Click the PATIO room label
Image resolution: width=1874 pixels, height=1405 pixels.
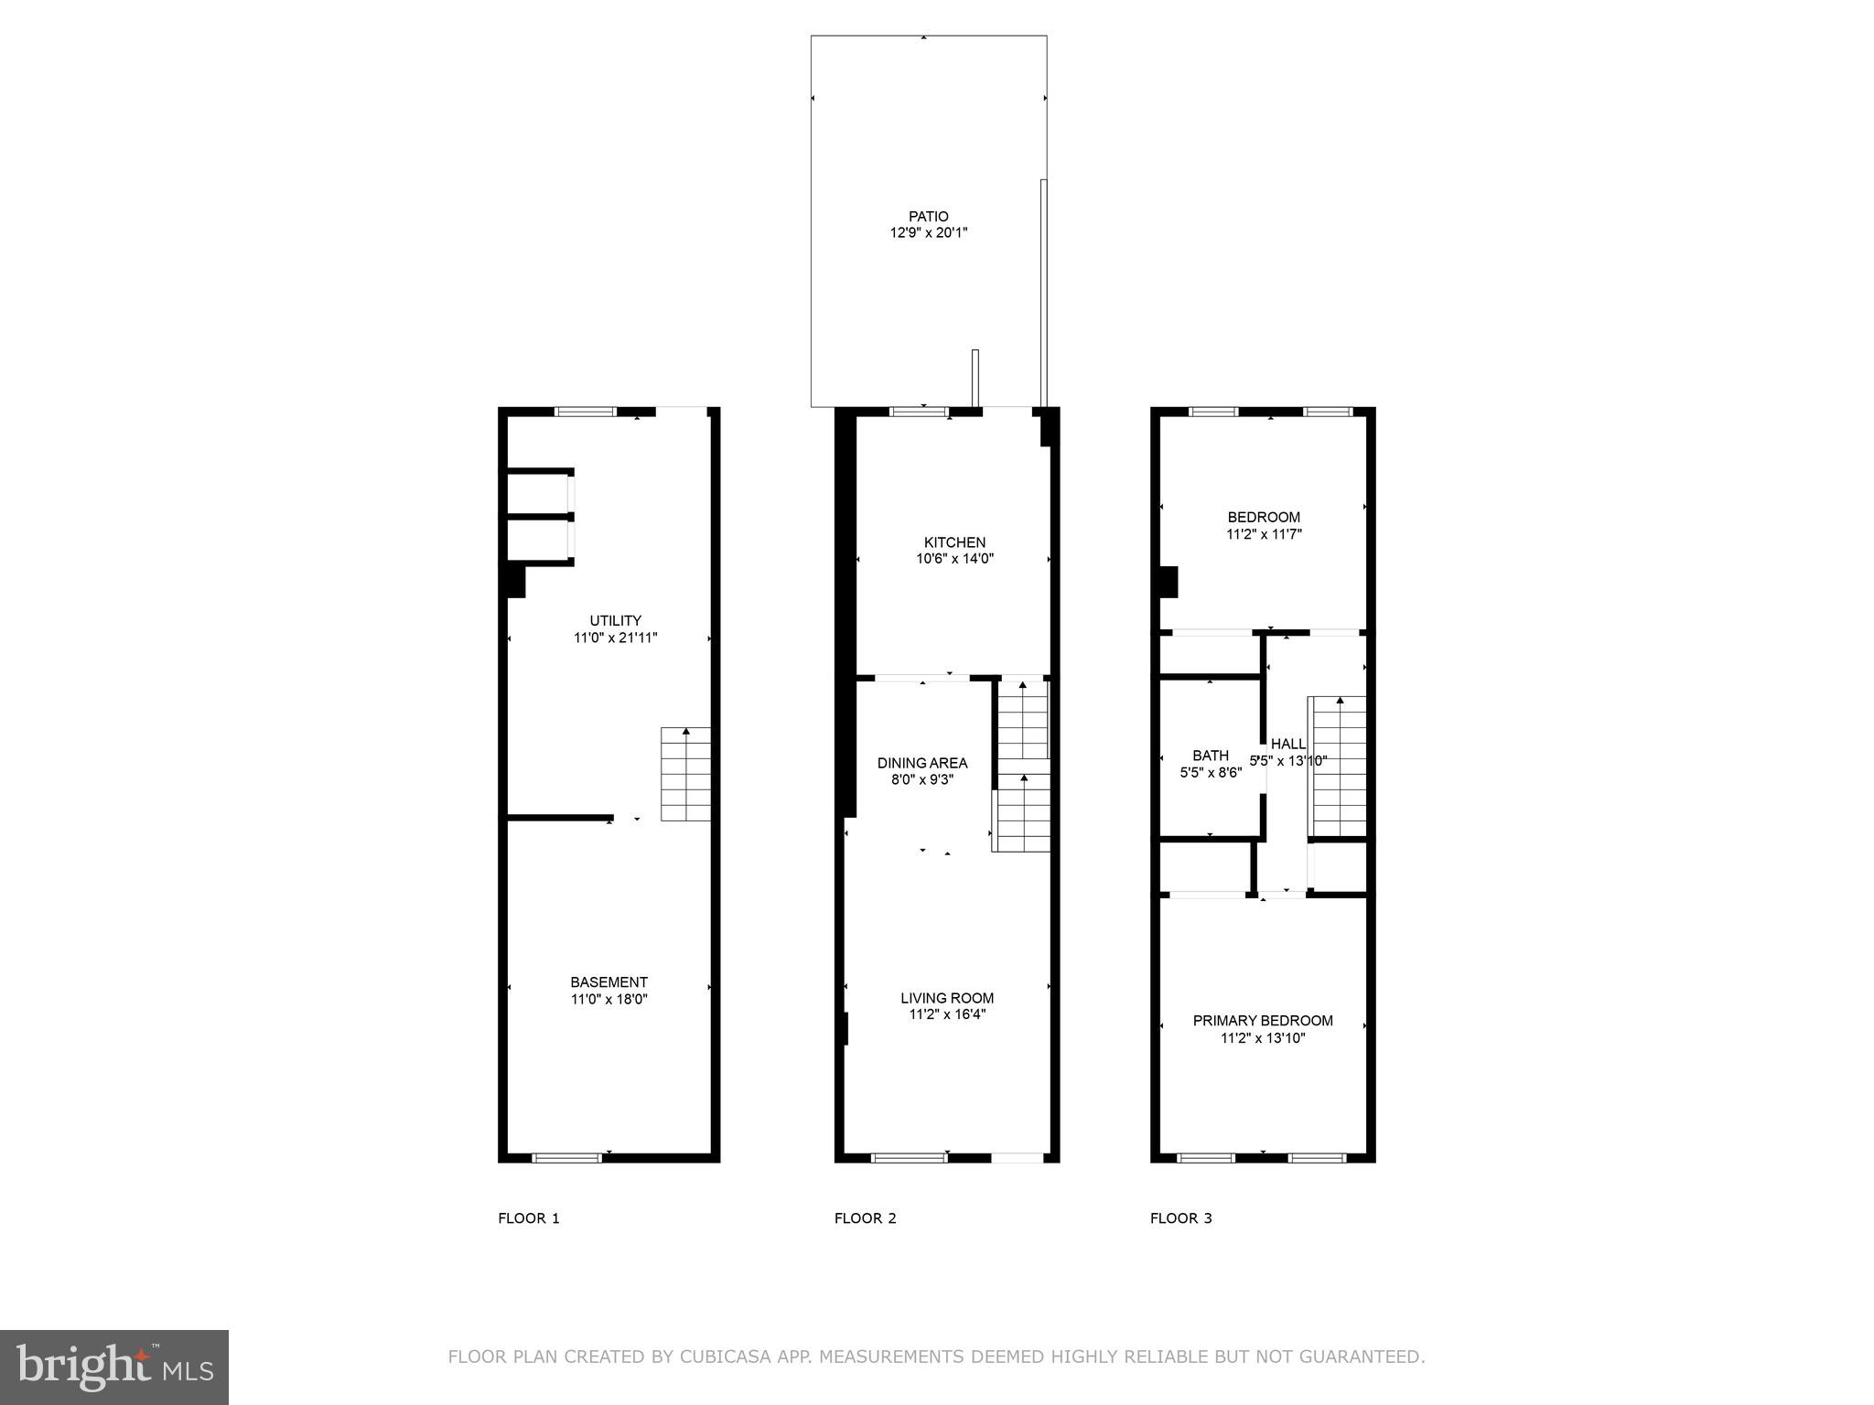(x=928, y=217)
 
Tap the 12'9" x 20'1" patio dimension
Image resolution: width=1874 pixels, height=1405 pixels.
(x=928, y=233)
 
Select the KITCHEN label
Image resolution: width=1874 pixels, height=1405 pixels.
(x=954, y=542)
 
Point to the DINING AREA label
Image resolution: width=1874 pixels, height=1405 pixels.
(x=921, y=763)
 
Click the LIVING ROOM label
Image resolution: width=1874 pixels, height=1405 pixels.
(x=946, y=998)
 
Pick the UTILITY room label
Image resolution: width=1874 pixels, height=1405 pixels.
(x=615, y=620)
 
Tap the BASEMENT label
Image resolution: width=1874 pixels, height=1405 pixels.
(x=609, y=982)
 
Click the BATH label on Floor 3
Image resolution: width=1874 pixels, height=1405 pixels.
(x=1210, y=756)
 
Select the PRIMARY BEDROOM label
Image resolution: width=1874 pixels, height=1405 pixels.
(x=1262, y=1021)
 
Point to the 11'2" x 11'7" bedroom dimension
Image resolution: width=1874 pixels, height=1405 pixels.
(x=1263, y=534)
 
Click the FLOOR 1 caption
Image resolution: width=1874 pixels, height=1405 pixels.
(x=528, y=1218)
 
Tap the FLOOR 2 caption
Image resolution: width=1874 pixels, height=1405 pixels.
(x=865, y=1218)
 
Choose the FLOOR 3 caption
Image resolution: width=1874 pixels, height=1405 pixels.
(x=1180, y=1218)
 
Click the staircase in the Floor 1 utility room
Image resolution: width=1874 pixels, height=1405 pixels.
(x=685, y=774)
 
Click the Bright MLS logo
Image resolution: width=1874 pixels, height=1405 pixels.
(x=113, y=1367)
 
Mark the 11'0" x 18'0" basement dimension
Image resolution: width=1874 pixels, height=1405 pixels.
(x=609, y=1000)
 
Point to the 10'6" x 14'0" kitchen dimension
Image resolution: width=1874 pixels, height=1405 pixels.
(x=954, y=559)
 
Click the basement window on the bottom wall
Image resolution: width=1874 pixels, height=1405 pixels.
(x=566, y=1158)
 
